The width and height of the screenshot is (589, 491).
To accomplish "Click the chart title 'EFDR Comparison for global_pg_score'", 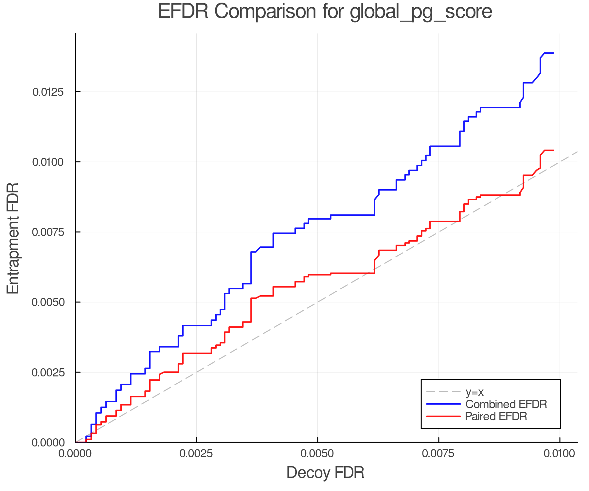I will point(325,12).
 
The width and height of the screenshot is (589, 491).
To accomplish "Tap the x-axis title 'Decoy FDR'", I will point(325,473).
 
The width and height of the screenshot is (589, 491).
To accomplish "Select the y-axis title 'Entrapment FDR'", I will point(13,238).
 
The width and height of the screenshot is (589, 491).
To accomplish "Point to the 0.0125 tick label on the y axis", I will point(48,92).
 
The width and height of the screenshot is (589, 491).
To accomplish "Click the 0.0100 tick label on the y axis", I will point(48,162).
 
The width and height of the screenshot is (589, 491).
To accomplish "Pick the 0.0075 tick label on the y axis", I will point(48,232).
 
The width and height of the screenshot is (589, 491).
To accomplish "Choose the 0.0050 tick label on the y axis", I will point(48,302).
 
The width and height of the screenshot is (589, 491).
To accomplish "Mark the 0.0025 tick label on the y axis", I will point(48,373).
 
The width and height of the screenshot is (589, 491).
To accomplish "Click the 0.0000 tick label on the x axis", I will point(76,454).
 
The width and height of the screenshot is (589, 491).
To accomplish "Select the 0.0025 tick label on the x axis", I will point(196,454).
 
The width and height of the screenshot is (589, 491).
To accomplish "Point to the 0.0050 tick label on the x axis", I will point(317,454).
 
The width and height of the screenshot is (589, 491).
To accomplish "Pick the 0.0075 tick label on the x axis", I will point(438,454).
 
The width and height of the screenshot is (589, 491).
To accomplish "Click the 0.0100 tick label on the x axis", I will point(560,454).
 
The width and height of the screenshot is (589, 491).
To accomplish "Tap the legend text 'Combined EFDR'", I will point(506,404).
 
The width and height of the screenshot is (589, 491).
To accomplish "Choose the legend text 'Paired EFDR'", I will point(496,416).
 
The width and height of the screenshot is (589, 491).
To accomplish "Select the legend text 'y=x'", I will point(474,392).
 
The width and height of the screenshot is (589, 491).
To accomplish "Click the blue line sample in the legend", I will point(443,404).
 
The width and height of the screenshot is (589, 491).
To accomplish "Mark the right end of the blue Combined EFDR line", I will point(553,53).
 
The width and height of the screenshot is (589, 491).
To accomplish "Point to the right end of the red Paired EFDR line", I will point(553,150).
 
